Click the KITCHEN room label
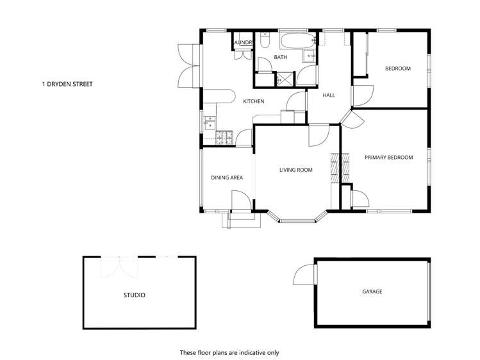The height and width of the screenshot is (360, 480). click(253, 101)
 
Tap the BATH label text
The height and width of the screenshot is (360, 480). click(281, 58)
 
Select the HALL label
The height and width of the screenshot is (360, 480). click(329, 95)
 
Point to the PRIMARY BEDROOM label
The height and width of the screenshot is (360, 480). click(388, 157)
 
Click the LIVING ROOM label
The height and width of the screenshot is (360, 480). click(295, 170)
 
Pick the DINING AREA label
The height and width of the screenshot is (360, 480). click(226, 177)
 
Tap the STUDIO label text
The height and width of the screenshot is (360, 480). click(134, 295)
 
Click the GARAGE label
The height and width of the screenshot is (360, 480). click(372, 291)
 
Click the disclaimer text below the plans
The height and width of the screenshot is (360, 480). click(229, 352)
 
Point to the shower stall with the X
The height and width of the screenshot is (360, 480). click(283, 80)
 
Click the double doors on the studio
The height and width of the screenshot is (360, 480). click(119, 266)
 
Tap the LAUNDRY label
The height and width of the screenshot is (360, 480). click(244, 43)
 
